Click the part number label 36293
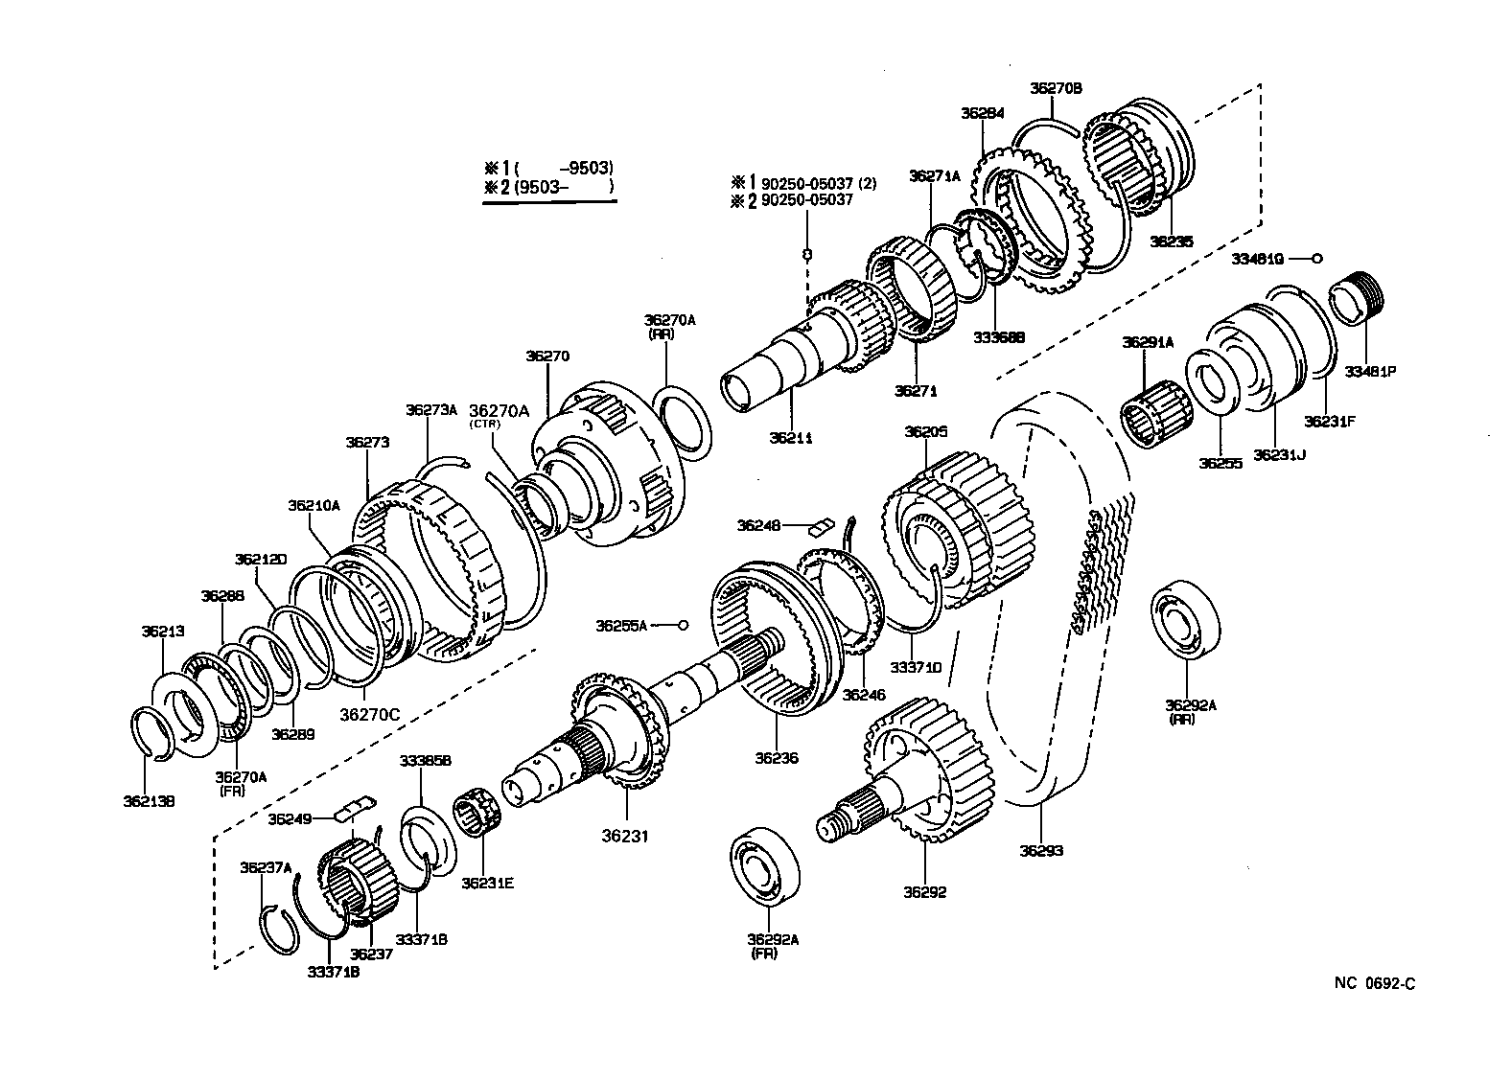(x=1040, y=850)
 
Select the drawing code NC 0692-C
(x=1373, y=983)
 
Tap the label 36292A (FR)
(x=773, y=946)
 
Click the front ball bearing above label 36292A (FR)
(x=767, y=863)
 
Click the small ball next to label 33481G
(x=1317, y=258)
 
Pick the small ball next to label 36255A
(x=684, y=625)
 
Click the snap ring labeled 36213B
(x=151, y=734)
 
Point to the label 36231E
(x=487, y=883)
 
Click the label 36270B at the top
(x=1056, y=88)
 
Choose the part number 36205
(x=925, y=431)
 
